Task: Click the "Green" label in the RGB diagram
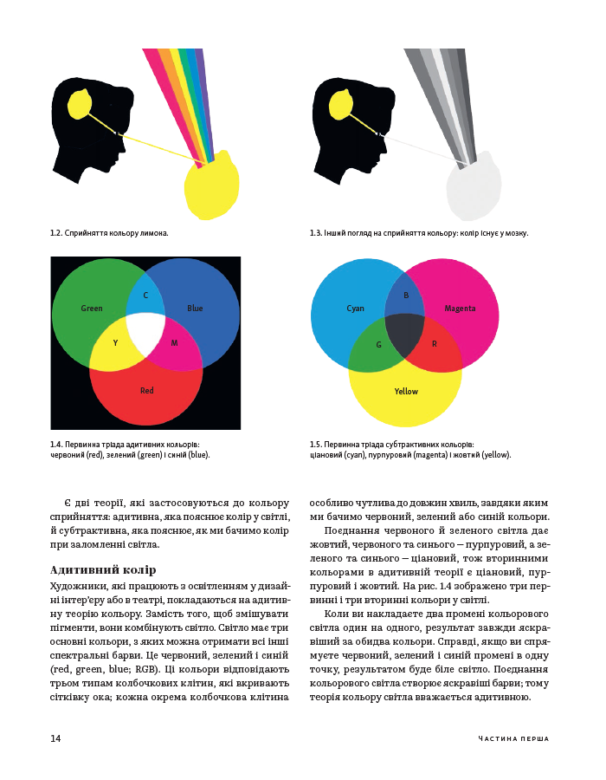coord(92,309)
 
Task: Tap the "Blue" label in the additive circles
coord(195,309)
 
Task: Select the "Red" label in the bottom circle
coord(146,391)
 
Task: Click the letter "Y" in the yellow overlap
coord(115,342)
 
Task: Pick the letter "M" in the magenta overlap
coord(174,342)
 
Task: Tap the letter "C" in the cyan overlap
coord(145,295)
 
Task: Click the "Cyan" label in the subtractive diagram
coord(355,309)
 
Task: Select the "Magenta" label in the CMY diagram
coord(460,309)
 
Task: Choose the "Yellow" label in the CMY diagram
coord(406,392)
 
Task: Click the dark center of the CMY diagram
coord(405,335)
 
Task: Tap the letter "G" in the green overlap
coord(378,344)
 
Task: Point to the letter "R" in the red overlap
coord(434,344)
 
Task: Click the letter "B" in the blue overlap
coord(406,295)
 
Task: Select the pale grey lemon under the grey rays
coord(474,186)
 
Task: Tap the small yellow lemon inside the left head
coord(79,105)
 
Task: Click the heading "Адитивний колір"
coord(103,569)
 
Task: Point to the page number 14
coord(55,738)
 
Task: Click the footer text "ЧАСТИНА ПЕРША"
coord(513,738)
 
